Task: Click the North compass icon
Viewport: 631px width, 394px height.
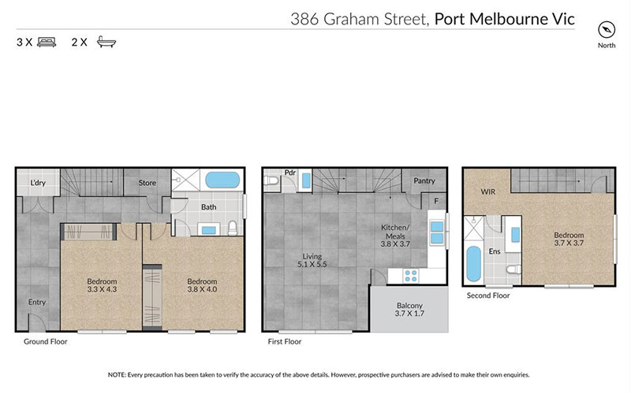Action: (606, 30)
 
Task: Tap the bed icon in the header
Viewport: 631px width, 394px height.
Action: (47, 43)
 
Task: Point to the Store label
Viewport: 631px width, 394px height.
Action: (147, 183)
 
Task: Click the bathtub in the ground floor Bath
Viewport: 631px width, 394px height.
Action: (226, 180)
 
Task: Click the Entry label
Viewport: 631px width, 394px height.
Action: (37, 302)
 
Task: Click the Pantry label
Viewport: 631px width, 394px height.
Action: (424, 181)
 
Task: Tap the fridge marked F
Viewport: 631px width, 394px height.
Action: (436, 201)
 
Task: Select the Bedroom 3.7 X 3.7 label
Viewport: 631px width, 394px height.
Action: (568, 240)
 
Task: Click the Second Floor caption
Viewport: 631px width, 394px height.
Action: (487, 295)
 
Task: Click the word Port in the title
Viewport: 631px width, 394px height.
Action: (452, 17)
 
